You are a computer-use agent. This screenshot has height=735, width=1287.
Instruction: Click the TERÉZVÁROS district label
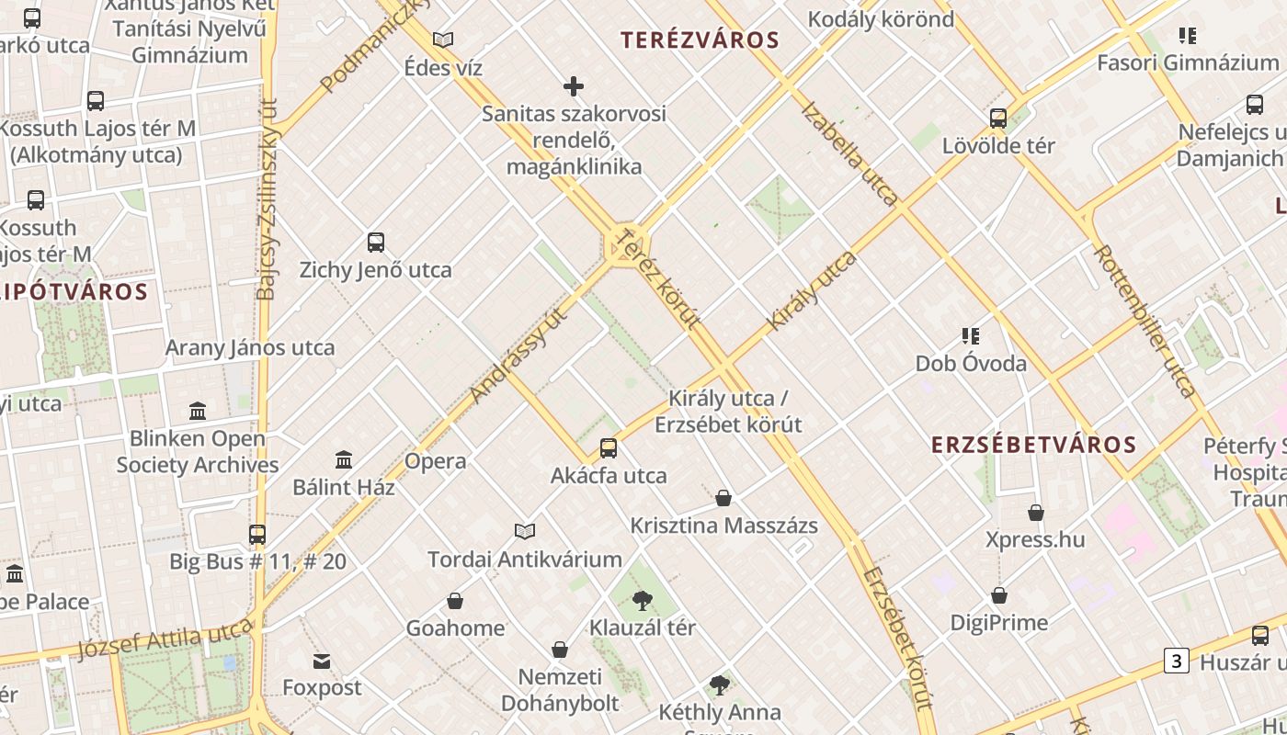pos(700,40)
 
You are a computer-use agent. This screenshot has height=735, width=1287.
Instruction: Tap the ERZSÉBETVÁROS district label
pos(1034,445)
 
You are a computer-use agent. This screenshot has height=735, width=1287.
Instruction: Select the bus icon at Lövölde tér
pos(998,119)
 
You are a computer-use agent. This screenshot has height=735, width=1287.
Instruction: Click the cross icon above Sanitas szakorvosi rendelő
pos(574,86)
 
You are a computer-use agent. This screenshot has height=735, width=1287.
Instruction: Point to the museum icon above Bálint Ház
pos(344,459)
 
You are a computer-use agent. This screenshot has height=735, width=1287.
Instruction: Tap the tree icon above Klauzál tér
pos(643,602)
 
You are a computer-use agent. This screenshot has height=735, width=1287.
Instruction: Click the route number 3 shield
pos(1177,660)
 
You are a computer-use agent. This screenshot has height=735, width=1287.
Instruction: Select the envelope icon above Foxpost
pos(322,661)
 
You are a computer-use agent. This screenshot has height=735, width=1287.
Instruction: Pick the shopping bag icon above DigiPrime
pos(999,596)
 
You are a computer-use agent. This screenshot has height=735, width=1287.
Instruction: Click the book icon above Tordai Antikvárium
pos(525,531)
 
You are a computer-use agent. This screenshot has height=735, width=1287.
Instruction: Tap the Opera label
pos(436,461)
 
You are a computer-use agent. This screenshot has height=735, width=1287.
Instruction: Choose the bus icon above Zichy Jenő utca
pos(375,243)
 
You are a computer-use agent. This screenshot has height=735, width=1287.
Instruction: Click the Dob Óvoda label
pos(971,363)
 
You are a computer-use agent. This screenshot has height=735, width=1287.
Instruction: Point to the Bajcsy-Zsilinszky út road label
pos(267,199)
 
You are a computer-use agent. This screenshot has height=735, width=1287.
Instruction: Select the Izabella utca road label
pos(849,153)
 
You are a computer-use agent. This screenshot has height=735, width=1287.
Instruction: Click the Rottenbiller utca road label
pos(1145,321)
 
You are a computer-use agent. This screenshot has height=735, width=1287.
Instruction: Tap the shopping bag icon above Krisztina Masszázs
pos(723,499)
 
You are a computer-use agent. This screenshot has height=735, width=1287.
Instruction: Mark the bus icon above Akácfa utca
pos(609,448)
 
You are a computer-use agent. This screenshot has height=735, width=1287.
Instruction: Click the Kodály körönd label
pos(881,18)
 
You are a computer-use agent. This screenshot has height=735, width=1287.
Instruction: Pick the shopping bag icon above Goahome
pos(455,602)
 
